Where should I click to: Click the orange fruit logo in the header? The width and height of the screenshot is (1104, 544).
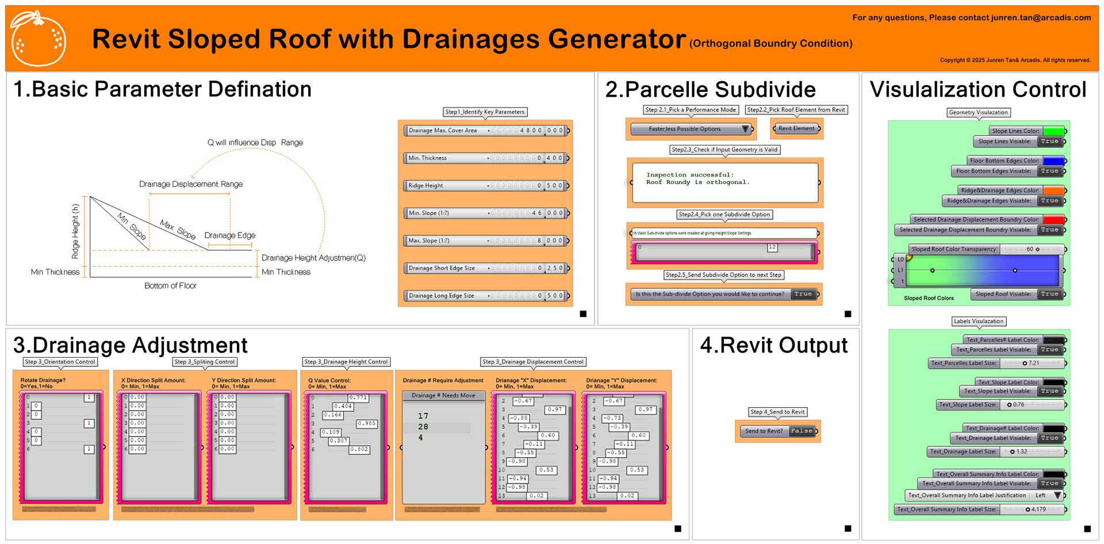pos(39,39)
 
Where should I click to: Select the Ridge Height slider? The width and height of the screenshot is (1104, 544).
pos(486,186)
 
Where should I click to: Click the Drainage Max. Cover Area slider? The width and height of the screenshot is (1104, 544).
pos(486,131)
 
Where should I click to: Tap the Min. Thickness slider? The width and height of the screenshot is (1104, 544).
pos(486,158)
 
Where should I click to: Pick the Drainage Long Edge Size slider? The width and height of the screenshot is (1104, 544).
pos(486,296)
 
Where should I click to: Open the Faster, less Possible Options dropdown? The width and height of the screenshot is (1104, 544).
pos(691,129)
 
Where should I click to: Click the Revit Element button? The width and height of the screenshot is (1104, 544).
pos(796,129)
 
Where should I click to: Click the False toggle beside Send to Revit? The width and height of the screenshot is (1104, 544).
pos(801,431)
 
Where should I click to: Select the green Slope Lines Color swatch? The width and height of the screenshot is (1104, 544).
pos(1053,131)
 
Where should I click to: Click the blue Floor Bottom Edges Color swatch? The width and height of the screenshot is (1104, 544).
pos(1053,161)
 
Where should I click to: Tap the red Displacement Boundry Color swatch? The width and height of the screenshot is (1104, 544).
pos(1053,220)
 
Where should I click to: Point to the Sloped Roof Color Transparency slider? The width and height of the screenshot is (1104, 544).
pos(1032,250)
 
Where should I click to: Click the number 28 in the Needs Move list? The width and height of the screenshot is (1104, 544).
pos(423,427)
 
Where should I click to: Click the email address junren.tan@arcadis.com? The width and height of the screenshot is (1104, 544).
pos(1041,18)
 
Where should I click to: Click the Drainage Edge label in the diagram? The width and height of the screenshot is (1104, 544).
pos(229,235)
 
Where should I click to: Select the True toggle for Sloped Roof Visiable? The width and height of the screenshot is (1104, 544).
pos(1049,294)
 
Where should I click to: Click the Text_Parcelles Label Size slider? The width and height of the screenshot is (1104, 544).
pos(1032,363)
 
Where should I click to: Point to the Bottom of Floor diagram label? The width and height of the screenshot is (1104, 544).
pos(170,286)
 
